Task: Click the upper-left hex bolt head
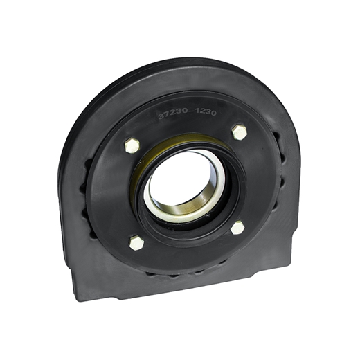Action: click(132, 145)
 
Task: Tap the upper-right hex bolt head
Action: click(240, 132)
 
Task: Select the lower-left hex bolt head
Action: click(136, 242)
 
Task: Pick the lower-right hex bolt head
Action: click(237, 227)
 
